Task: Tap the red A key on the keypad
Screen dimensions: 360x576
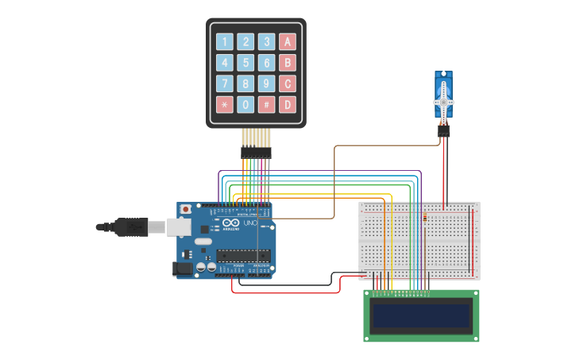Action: [287, 42]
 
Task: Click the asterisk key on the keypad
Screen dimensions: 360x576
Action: [225, 104]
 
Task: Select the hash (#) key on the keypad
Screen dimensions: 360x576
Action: [266, 104]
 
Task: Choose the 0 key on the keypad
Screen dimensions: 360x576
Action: [245, 104]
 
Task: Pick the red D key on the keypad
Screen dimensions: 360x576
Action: [287, 104]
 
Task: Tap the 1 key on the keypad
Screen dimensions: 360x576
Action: [225, 42]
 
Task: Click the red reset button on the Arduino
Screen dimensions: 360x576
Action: [186, 209]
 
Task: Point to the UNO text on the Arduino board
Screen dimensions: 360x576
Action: [249, 225]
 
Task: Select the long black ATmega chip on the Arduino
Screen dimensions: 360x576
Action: [243, 256]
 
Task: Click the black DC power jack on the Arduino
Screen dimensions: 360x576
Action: [183, 269]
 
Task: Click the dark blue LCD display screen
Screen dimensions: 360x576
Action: [421, 316]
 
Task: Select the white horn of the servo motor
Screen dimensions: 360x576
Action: [443, 102]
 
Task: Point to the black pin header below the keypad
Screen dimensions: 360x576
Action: [256, 152]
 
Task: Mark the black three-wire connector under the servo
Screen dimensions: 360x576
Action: [443, 131]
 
